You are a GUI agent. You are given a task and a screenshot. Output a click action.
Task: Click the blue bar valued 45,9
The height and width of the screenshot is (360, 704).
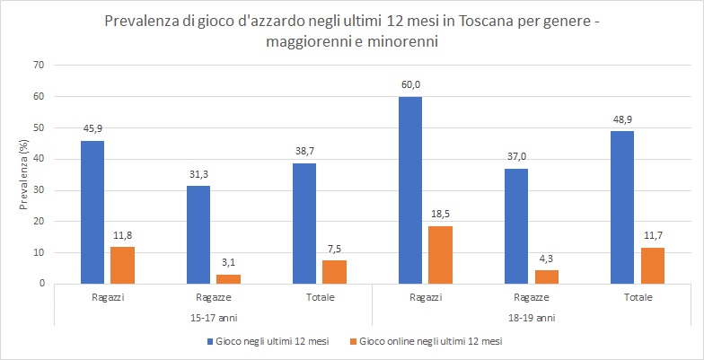pos(92,212)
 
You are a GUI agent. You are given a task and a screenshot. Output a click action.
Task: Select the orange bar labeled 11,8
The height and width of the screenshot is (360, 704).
pos(121,266)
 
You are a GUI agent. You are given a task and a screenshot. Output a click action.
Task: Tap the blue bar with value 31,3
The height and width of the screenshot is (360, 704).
pos(198,235)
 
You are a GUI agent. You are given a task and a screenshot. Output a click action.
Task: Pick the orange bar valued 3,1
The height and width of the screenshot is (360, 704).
pos(228,279)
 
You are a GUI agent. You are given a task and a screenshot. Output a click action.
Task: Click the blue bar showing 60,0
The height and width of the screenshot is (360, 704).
pos(410,190)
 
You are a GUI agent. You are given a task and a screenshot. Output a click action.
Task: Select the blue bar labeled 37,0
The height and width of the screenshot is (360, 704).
pos(516,226)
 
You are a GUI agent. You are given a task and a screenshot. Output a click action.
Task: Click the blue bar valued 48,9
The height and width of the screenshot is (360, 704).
pos(622,207)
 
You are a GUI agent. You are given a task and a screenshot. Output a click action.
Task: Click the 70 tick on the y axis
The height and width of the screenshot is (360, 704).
pos(38,65)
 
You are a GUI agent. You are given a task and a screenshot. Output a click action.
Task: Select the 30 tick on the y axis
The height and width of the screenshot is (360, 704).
pos(38,190)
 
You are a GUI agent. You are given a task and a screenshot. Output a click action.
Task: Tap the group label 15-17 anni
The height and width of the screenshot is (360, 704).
pos(213,318)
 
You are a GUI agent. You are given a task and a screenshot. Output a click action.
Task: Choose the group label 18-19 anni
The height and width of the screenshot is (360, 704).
pos(531,318)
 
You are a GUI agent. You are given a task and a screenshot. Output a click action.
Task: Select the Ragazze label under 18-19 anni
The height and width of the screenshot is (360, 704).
pos(531,298)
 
